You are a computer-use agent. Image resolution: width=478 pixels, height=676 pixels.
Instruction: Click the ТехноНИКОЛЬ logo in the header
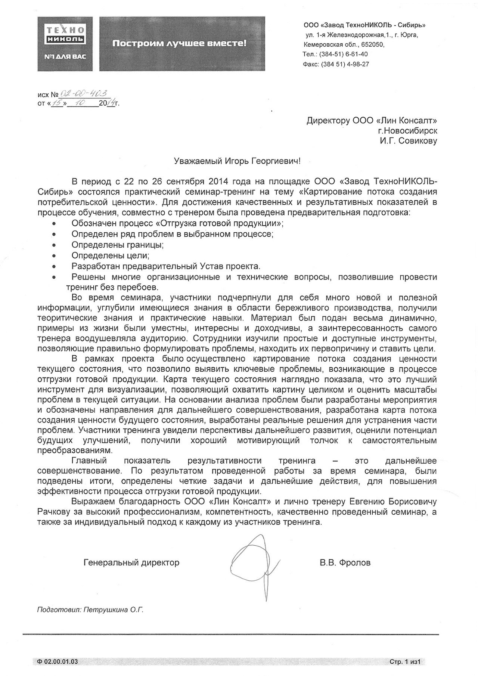coord(65,43)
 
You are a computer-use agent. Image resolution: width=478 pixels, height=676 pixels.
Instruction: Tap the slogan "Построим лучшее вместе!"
coord(180,44)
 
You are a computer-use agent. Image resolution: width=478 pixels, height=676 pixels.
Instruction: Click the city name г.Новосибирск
coord(407,131)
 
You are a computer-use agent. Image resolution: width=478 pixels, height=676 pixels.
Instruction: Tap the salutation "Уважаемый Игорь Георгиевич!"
coord(237,161)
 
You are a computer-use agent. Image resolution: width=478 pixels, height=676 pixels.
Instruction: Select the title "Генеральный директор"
coord(131,562)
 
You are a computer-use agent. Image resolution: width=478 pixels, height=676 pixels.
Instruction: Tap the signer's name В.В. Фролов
coord(345,562)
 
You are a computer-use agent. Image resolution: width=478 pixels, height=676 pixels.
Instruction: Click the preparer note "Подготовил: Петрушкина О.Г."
coord(90,610)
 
